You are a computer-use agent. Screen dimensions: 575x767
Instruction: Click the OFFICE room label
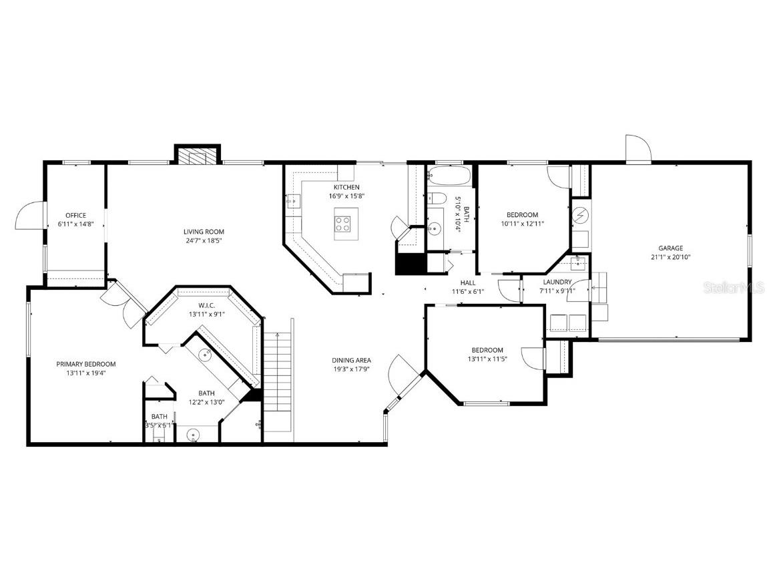75,215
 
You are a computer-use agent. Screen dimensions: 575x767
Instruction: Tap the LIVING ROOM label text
202,232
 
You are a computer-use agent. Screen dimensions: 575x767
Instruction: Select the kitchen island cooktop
345,224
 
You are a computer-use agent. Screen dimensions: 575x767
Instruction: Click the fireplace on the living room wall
197,155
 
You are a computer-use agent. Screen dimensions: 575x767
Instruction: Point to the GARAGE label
670,248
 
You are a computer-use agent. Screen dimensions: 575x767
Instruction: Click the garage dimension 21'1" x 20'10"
670,257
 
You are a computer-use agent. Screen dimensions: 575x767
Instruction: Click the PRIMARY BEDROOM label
85,364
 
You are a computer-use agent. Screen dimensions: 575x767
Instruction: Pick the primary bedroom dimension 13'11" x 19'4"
85,373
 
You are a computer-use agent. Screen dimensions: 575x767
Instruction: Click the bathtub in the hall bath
449,176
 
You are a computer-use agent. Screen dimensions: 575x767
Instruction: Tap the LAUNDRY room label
557,282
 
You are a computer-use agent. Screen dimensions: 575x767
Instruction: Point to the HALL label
467,282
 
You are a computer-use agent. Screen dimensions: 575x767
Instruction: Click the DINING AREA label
352,361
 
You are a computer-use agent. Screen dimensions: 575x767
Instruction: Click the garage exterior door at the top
637,149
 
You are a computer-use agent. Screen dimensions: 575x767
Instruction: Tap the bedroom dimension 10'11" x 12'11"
522,224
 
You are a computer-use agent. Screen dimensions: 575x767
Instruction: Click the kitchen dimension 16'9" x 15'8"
346,196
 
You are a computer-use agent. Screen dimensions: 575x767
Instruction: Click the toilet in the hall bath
437,198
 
